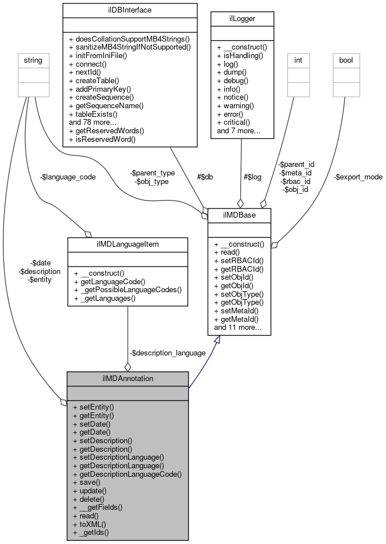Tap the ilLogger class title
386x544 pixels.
coord(243,18)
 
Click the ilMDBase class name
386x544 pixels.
coord(239,215)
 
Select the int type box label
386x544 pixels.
coord(297,59)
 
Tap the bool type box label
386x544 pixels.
coord(346,59)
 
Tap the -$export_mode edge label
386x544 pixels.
coord(358,177)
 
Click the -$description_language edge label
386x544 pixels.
coord(167,353)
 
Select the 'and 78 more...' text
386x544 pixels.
coord(93,122)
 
